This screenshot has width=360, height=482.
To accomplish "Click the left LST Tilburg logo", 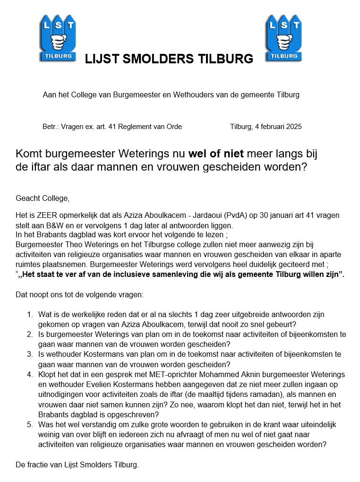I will tap(58, 38).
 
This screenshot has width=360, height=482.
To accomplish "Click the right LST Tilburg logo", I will tap(283, 38).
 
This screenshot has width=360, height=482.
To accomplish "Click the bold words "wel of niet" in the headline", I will tap(216, 154).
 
